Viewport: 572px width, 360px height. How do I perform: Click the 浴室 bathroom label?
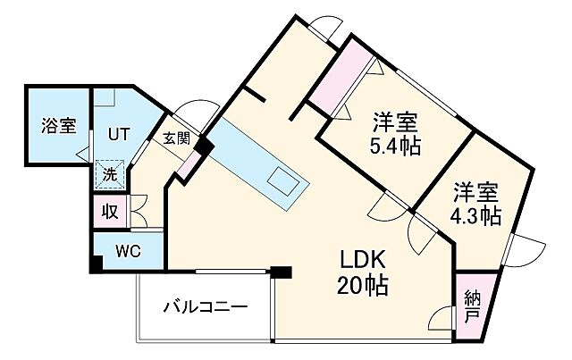point(58,126)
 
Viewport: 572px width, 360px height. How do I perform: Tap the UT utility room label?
point(119,133)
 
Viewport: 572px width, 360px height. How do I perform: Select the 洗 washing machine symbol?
point(108,175)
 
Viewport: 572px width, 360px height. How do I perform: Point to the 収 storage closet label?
point(109,212)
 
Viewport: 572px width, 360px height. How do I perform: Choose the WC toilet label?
point(127,251)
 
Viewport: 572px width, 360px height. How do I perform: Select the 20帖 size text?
point(361,287)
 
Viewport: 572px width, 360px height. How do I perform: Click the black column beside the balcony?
point(282,272)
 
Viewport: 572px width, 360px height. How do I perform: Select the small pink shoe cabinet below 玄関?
point(189,165)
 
